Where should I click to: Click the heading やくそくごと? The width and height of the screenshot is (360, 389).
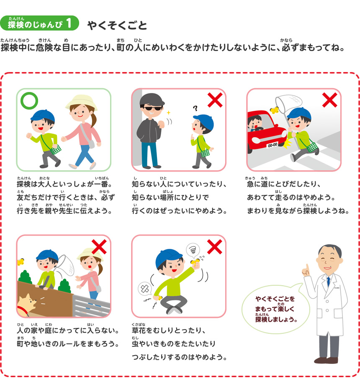coord(117,26)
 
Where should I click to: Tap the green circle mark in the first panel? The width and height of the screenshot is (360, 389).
coord(29,101)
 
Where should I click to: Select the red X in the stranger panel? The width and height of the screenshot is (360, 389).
coord(215,100)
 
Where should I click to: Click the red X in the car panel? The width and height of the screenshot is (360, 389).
coord(329,100)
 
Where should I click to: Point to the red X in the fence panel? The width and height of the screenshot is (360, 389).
coord(100,246)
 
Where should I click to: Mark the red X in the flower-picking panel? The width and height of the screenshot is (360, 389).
coord(214,247)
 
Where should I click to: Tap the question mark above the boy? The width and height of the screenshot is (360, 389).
coord(195,108)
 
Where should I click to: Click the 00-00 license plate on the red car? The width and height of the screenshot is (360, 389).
coord(272,145)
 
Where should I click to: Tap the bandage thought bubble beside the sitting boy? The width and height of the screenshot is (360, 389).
coord(144,289)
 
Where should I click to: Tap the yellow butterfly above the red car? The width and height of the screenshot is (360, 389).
coord(275,110)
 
